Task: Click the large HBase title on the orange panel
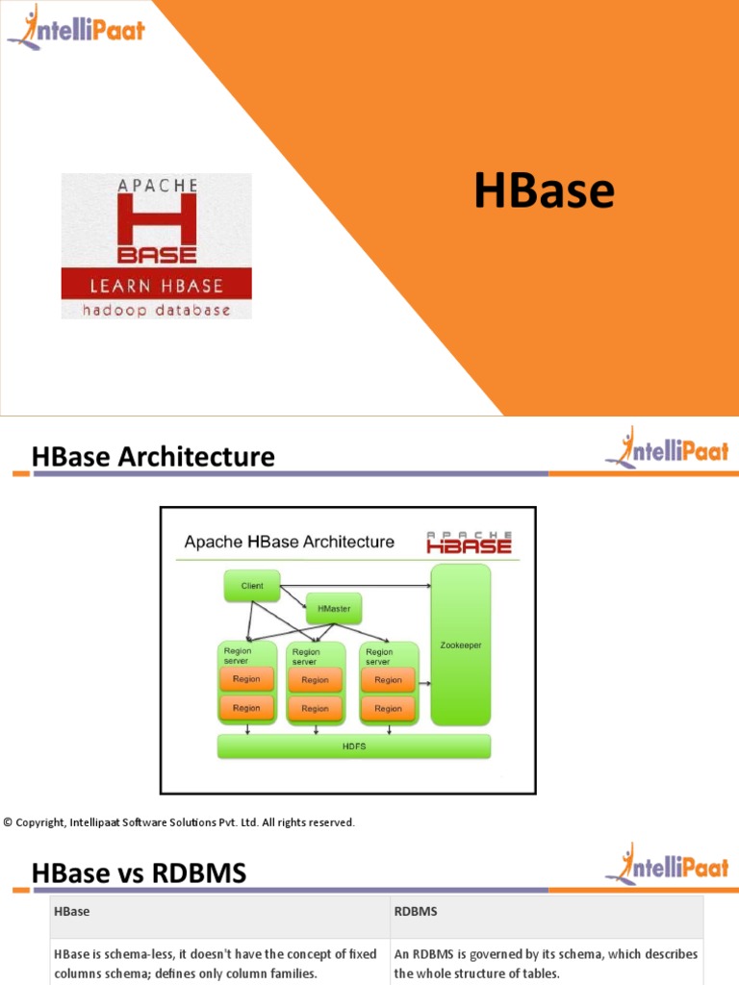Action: [544, 190]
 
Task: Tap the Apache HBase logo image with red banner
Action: [157, 246]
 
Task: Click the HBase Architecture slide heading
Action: [153, 457]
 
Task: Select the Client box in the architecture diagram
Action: [252, 586]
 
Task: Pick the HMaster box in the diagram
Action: [334, 609]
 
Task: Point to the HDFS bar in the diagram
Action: [354, 746]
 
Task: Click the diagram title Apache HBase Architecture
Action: [289, 542]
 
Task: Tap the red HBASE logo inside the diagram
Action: [470, 543]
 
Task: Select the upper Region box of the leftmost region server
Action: [246, 679]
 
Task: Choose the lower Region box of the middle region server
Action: [315, 708]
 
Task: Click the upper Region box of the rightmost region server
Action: [388, 679]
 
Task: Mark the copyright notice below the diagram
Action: [179, 822]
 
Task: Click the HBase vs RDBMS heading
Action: [139, 873]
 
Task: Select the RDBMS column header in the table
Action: [416, 910]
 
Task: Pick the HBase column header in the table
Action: [71, 910]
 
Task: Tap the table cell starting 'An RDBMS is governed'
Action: [547, 963]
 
